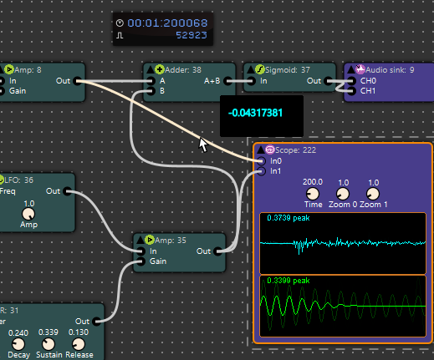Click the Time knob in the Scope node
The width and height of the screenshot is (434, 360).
313,193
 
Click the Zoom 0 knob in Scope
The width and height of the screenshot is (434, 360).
343,193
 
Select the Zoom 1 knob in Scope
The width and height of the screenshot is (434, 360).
373,193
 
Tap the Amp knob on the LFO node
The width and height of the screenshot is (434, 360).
28,215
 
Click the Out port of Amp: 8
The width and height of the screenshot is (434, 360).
77,81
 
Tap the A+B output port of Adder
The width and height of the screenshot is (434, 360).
227,81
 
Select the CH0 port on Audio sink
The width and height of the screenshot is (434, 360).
351,81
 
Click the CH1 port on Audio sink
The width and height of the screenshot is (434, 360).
351,90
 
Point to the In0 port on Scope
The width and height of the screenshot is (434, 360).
262,160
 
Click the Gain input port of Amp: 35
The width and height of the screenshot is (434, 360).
141,261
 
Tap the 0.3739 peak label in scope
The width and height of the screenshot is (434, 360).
289,218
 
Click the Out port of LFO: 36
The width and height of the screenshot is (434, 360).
66,191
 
